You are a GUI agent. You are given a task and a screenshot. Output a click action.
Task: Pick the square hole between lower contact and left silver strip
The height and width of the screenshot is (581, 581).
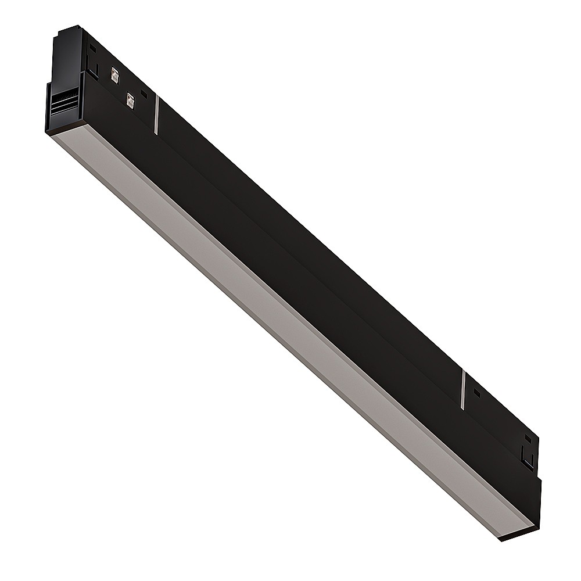click(x=144, y=93)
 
